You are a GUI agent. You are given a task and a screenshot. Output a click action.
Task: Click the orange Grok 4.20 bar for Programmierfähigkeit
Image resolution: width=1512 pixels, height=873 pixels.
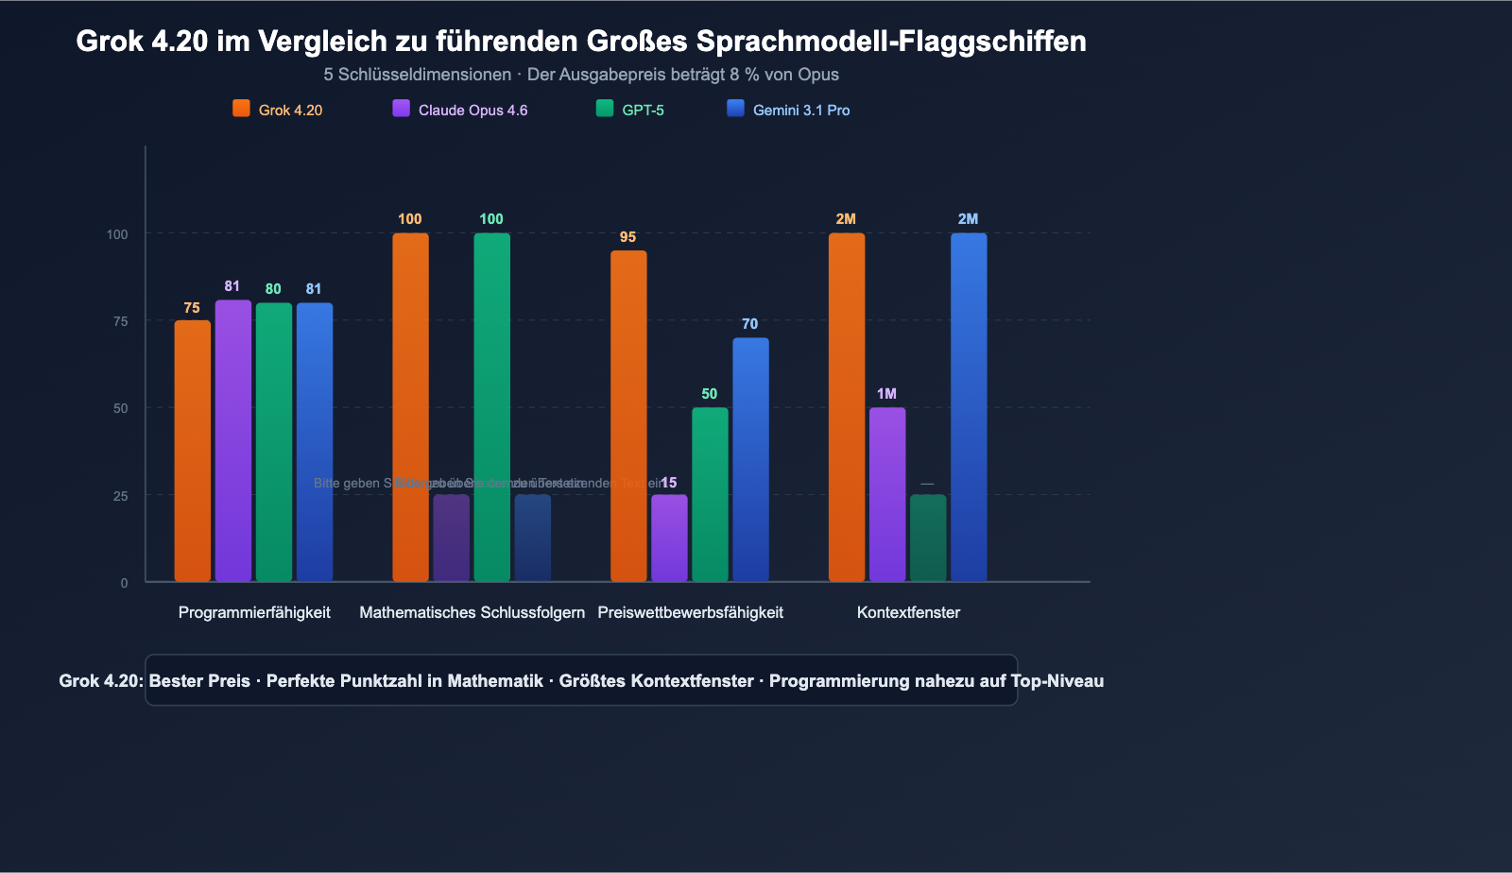point(193,451)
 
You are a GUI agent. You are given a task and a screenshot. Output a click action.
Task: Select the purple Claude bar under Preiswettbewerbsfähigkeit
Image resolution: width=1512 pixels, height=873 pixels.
point(669,538)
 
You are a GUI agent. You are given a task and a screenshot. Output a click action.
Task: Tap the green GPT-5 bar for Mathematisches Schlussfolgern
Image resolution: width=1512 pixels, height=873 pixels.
point(491,406)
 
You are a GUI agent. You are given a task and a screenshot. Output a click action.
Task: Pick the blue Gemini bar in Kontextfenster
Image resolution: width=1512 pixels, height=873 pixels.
point(969,406)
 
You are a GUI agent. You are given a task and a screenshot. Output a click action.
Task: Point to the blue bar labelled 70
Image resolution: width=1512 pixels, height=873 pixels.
point(750,459)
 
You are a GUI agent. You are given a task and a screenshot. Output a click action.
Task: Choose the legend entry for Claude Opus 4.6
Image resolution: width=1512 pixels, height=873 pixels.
point(460,110)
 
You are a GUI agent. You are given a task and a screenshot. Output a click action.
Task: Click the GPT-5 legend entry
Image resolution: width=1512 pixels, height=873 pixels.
point(630,110)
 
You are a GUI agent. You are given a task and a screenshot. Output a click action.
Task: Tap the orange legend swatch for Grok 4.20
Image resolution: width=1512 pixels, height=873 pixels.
point(241,109)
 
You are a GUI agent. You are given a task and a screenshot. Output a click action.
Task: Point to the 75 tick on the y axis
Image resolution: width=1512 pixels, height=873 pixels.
point(120,321)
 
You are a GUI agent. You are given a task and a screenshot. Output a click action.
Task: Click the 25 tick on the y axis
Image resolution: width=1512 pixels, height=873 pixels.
point(120,496)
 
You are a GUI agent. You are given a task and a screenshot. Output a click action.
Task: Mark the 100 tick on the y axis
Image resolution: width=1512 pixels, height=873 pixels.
point(117,234)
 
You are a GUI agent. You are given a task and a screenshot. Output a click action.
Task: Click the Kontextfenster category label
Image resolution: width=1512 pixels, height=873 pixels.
point(908,612)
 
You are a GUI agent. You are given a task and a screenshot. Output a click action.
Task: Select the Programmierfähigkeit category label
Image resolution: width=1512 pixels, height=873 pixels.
point(254,612)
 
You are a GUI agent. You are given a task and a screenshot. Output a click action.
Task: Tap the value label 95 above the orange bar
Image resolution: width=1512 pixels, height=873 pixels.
point(627,237)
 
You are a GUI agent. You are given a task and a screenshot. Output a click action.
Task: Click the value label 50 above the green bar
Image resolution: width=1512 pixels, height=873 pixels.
point(709,394)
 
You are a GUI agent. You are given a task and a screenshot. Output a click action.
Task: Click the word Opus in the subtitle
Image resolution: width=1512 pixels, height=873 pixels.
point(818,75)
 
